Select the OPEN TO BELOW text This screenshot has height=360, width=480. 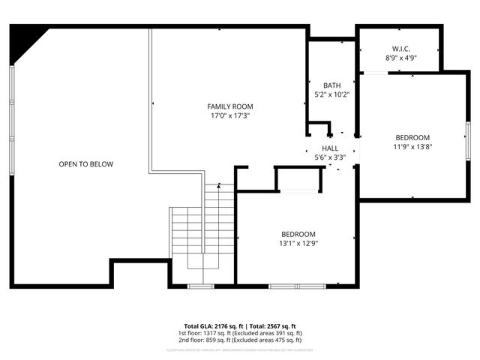(86, 164)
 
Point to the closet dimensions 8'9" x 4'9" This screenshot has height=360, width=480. (401, 57)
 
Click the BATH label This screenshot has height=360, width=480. (331, 85)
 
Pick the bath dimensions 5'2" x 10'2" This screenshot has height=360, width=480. (331, 94)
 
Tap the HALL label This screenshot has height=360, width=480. (330, 148)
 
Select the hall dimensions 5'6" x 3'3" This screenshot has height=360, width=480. (330, 158)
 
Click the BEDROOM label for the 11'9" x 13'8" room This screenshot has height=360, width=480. (412, 137)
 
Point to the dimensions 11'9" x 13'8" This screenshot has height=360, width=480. (412, 147)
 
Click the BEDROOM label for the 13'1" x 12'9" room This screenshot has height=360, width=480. (298, 234)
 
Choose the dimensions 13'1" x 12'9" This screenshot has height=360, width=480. (298, 243)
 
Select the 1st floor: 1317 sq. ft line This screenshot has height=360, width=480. (240, 333)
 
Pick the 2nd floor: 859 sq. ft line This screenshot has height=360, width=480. (240, 340)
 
